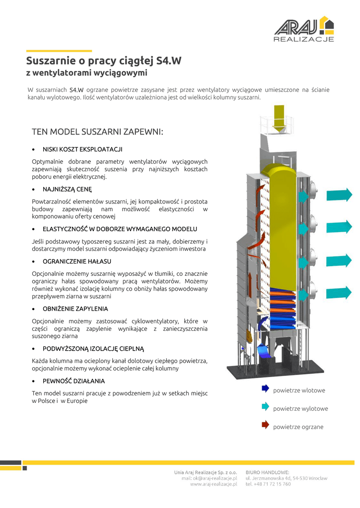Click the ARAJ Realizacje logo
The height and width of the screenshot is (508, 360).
point(304,29)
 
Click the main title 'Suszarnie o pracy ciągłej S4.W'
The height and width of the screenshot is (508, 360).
point(104,62)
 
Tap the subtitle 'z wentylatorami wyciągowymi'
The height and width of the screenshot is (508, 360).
point(87,73)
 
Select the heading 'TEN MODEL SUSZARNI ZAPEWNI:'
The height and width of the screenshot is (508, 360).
point(97,132)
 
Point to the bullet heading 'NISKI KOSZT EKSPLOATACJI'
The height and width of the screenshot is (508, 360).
point(82,149)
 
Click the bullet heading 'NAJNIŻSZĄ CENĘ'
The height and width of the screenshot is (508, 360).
point(67,189)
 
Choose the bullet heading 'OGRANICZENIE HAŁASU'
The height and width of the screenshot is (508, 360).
point(77,261)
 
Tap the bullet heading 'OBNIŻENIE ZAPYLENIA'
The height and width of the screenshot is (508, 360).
point(75,309)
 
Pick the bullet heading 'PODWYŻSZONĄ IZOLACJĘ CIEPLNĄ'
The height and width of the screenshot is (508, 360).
point(93,349)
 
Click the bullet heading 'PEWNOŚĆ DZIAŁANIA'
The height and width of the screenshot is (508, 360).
point(73,381)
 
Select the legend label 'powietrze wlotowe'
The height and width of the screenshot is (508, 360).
point(299,390)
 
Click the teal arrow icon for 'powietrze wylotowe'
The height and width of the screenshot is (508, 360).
point(265,407)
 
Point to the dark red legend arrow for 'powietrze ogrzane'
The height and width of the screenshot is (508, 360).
point(265,425)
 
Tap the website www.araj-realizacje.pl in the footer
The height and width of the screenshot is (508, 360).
point(214,484)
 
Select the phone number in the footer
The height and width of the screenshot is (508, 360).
point(268,484)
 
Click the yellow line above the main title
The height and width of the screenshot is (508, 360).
point(59,51)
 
